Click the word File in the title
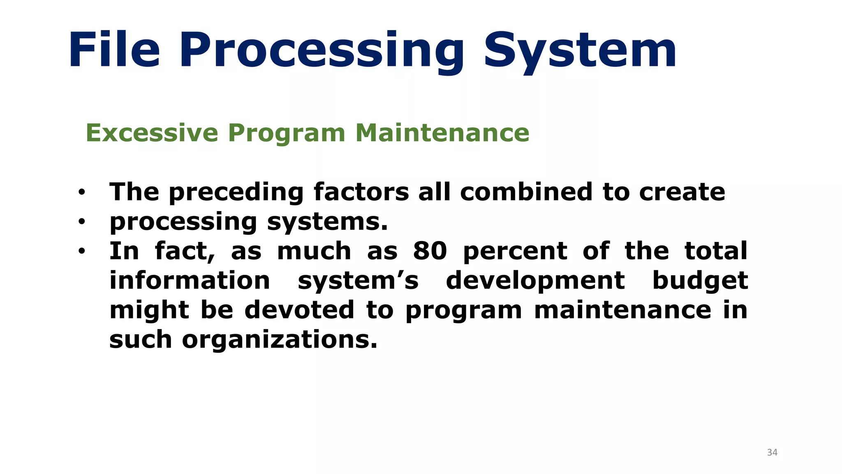pos(114,50)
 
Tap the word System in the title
pos(580,51)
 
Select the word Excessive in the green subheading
pos(152,133)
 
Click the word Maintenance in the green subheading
pos(442,133)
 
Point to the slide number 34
pos(772,453)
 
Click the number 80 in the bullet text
pos(430,251)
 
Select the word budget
pos(700,281)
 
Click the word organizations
pos(280,340)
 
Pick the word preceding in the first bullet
pos(236,193)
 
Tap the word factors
pos(361,192)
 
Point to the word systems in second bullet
pos(327,222)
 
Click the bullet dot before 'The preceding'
pos(82,192)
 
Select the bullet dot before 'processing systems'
pos(82,222)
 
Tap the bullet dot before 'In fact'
pos(82,251)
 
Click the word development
pos(535,281)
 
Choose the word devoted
pos(299,310)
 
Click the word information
pos(190,281)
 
